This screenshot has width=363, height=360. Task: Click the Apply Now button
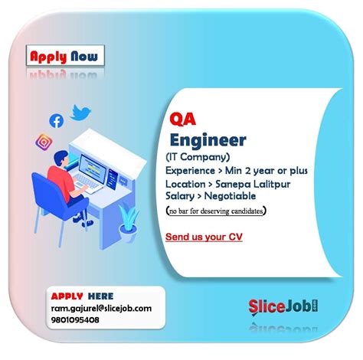pyautogui.click(x=65, y=56)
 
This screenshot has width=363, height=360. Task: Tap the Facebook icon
pyautogui.click(x=56, y=120)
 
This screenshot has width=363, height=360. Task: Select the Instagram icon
pyautogui.click(x=44, y=141)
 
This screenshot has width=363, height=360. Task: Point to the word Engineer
pyautogui.click(x=208, y=140)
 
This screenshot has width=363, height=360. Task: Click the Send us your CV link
pyautogui.click(x=204, y=237)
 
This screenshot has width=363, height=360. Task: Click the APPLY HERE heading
pyautogui.click(x=81, y=296)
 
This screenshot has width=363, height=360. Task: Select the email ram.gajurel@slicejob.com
pyautogui.click(x=100, y=308)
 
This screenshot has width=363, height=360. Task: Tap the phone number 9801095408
pyautogui.click(x=77, y=319)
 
